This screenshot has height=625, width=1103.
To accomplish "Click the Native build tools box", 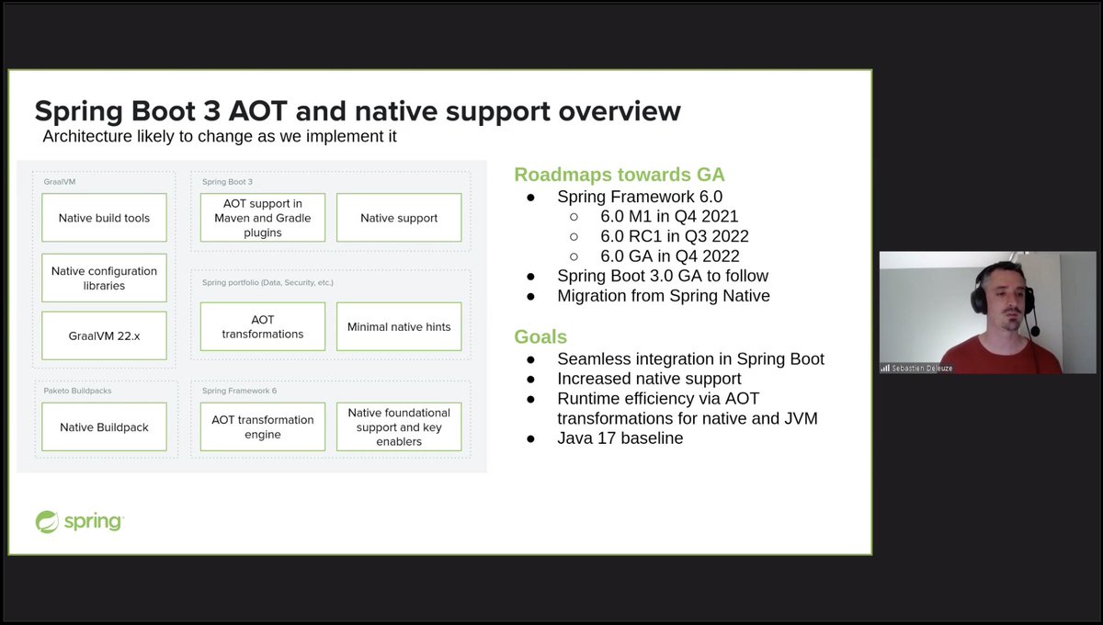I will (x=104, y=218).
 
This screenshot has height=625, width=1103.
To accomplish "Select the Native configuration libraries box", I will (x=104, y=278).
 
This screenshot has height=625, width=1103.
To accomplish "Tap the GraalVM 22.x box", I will (x=104, y=335).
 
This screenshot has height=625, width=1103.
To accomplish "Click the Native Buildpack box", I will (x=104, y=426).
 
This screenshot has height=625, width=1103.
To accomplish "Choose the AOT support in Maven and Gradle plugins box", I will (x=262, y=218).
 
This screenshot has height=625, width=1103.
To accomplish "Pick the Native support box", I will (x=399, y=218).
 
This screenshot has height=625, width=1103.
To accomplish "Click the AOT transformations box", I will (x=262, y=326).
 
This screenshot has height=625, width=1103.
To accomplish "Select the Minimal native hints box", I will (x=399, y=326).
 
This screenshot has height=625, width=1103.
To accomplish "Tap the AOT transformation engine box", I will (x=262, y=426).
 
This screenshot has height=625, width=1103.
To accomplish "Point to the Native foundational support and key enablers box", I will (x=399, y=426).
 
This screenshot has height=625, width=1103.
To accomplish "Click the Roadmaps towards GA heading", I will (x=619, y=175).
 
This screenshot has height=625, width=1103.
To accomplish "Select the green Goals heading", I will (x=540, y=336).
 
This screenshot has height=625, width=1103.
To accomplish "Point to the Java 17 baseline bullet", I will (x=620, y=438).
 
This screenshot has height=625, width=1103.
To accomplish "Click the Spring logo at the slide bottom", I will (x=79, y=522).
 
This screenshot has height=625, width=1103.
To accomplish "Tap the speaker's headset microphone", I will (x=1036, y=331).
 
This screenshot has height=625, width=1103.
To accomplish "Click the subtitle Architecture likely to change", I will (x=220, y=137).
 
